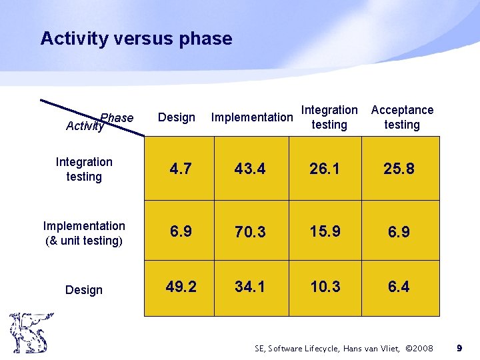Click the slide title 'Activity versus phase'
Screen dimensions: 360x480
point(136,39)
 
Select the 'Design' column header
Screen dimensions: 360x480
point(177,117)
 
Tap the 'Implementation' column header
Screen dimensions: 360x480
point(251,117)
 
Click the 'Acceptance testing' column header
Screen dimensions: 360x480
point(402,117)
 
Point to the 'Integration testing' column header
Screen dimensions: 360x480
point(329,117)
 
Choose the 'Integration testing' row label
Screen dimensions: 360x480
point(84,169)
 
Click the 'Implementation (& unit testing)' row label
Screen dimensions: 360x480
point(84,233)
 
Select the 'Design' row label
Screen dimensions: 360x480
point(84,290)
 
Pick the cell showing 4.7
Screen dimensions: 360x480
point(180,169)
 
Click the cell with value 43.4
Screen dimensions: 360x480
point(250,169)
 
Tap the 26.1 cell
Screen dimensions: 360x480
point(325,169)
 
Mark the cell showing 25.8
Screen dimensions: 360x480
point(399,169)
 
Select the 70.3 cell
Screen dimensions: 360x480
point(250,232)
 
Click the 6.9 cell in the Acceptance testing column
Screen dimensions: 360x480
point(399,232)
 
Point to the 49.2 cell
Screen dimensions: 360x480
point(180,287)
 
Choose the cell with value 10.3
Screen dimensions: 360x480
point(325,287)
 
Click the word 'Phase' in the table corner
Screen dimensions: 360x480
point(117,118)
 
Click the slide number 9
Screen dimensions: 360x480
point(459,348)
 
